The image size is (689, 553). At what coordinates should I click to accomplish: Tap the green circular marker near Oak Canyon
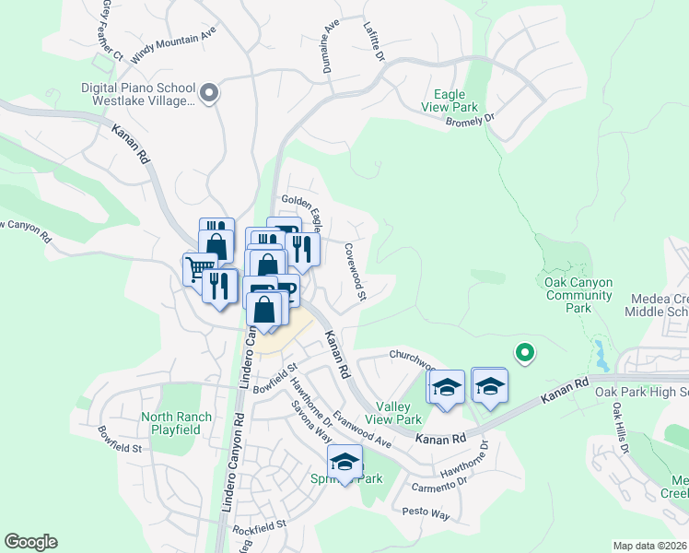(x=524, y=351)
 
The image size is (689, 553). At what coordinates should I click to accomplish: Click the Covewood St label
(x=356, y=272)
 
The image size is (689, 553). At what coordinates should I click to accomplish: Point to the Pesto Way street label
(x=426, y=512)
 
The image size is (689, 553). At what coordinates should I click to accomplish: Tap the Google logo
(x=30, y=542)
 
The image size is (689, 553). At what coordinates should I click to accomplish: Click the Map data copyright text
(x=650, y=546)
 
